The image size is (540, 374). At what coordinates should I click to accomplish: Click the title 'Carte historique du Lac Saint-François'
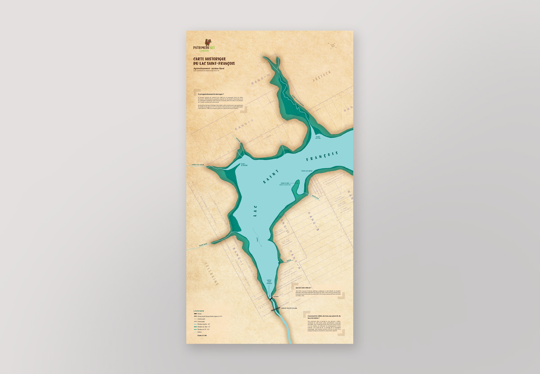click(x=214, y=61)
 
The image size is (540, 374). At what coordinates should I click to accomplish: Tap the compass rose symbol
click(x=333, y=45)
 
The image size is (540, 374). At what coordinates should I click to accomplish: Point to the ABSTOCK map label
click(x=322, y=77)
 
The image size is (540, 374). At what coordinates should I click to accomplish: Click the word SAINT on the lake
click(x=271, y=177)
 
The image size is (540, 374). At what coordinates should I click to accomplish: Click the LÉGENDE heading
click(x=198, y=311)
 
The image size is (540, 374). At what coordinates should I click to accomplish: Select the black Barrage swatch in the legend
click(x=195, y=314)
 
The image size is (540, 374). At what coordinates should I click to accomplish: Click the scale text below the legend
click(x=202, y=335)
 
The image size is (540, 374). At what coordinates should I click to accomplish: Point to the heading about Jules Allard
click(x=304, y=287)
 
